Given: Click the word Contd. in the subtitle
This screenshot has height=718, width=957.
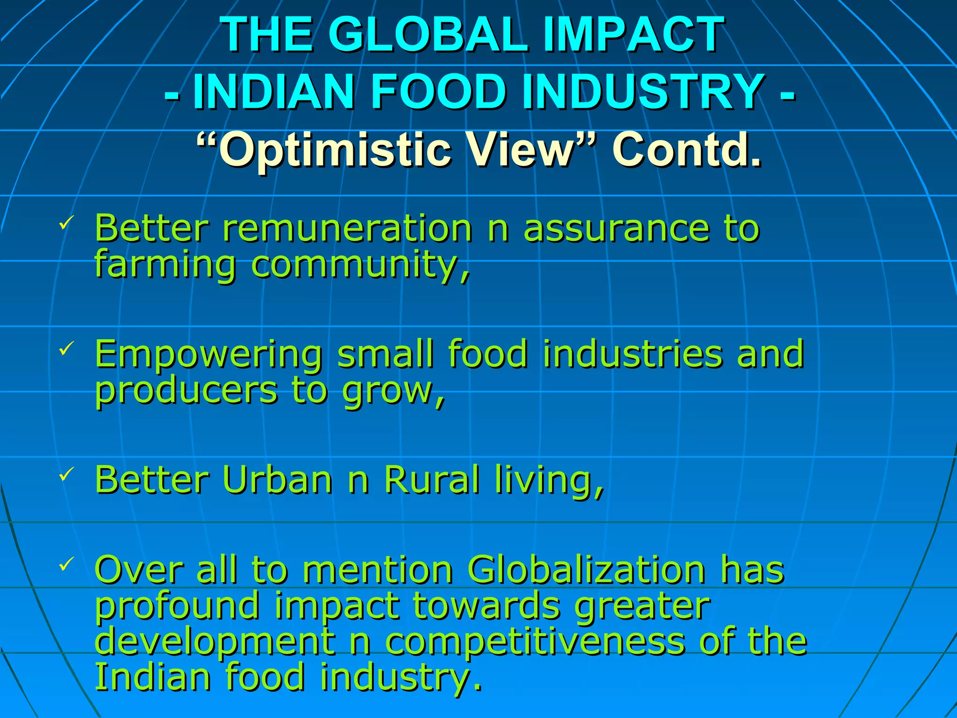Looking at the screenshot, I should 687,150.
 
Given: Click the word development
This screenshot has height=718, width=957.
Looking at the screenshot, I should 215,643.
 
